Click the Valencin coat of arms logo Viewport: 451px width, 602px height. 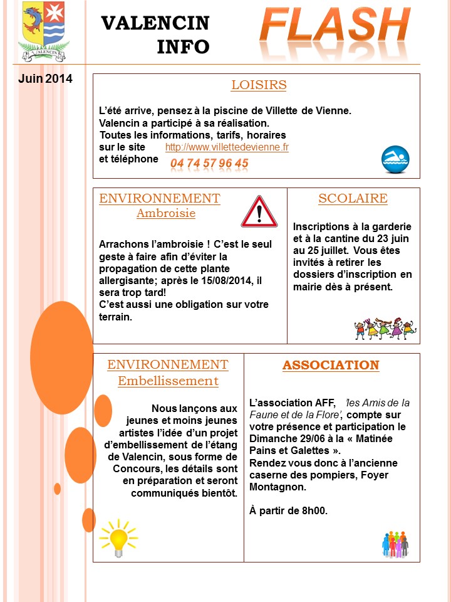pos(43,31)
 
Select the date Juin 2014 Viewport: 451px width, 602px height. pos(45,79)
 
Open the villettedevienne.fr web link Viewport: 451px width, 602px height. pos(227,147)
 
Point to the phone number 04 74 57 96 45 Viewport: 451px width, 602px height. pos(209,164)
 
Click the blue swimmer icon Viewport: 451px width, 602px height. pos(395,159)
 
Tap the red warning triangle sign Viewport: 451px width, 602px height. pos(259,211)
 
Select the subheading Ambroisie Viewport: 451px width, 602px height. pos(166,213)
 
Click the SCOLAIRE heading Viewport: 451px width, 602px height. pos(353,199)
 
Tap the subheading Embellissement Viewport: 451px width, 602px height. pos(168,381)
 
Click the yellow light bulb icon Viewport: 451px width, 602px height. pos(118,537)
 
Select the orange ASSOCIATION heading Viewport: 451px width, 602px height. pos(331,365)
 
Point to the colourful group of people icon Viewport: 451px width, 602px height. pos(395,544)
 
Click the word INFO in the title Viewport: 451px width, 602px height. pos(184,46)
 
